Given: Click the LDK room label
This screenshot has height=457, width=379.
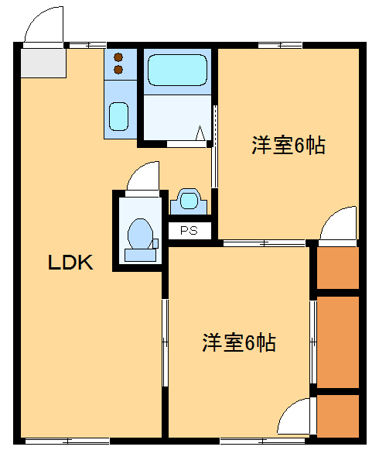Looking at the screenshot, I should click(x=71, y=263).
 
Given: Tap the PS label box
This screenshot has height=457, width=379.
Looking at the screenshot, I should click(x=189, y=230).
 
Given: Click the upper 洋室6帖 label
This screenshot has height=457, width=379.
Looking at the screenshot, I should click(x=287, y=145).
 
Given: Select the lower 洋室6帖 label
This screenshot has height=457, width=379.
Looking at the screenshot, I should click(x=239, y=342).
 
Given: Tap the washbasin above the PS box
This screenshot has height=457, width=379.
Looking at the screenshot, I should click(x=189, y=201).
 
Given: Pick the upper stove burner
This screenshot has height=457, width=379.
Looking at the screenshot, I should click(x=118, y=56).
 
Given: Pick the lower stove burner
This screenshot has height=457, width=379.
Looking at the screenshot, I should click(x=118, y=70).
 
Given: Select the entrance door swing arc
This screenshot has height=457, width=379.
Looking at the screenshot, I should click(x=42, y=26).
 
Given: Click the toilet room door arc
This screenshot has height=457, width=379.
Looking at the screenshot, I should click(x=142, y=177).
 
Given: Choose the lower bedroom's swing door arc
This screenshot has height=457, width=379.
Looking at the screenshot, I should click(x=295, y=418).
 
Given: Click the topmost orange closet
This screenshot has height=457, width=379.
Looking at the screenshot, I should click(x=338, y=268).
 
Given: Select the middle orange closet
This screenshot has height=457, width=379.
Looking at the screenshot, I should click(x=338, y=341).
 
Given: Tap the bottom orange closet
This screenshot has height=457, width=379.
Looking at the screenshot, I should click(x=338, y=417).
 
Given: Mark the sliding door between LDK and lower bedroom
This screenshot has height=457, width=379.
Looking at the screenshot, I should click(x=165, y=341).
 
